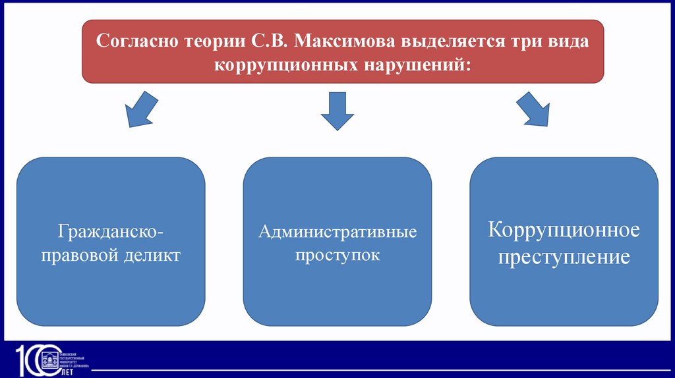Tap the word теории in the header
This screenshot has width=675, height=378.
[210, 42]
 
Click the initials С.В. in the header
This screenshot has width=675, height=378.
[267, 42]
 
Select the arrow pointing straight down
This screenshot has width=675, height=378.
[337, 111]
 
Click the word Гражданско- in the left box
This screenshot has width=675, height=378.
[110, 232]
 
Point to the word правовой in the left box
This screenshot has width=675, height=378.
[80, 256]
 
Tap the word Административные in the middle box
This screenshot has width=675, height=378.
[337, 232]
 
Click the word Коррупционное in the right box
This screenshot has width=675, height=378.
[564, 230]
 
